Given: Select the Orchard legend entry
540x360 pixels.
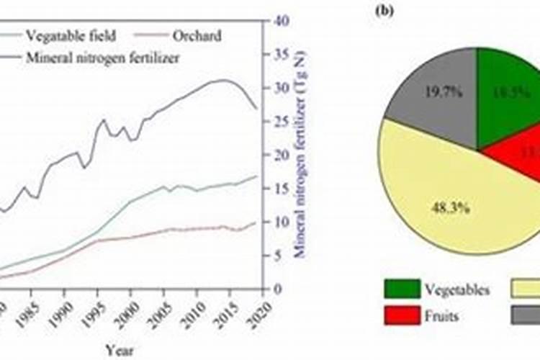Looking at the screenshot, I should click(197, 35).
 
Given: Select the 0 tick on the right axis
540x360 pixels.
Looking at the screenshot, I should click(275, 289).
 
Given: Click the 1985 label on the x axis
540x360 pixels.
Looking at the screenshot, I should click(31, 305).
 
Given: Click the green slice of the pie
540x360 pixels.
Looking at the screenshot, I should click(508, 94).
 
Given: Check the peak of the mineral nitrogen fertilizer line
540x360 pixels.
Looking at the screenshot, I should click(223, 80).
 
